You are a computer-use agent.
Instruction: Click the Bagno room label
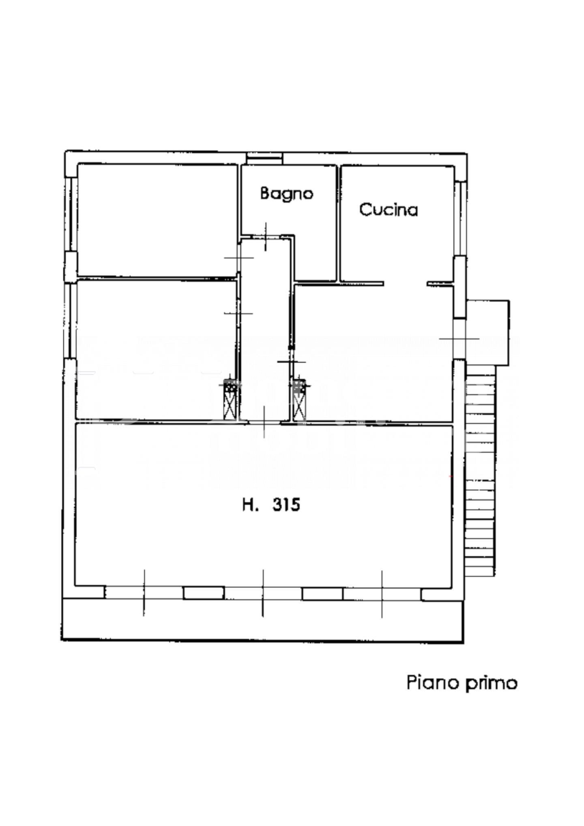[286, 194]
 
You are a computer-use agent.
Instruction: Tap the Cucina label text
[389, 210]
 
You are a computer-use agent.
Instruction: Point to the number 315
[286, 505]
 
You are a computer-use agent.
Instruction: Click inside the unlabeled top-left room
[157, 220]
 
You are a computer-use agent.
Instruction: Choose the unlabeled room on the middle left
[156, 350]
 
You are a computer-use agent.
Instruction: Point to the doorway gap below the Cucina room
[405, 283]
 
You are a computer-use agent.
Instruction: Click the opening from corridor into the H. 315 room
[265, 423]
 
